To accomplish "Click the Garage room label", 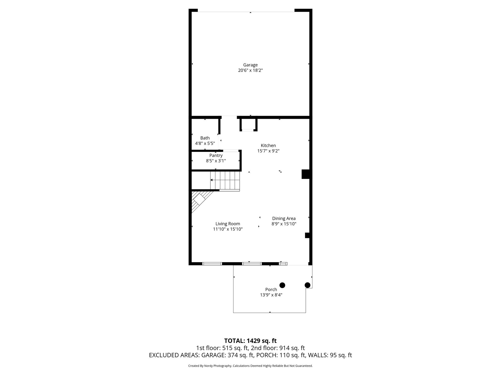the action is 250,65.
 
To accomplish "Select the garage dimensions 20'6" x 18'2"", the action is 250,70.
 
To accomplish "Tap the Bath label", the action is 205,138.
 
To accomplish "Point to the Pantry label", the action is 216,155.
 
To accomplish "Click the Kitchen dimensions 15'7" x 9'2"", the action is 268,151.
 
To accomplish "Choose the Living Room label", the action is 228,224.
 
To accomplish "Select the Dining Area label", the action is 284,218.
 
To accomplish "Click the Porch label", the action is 271,290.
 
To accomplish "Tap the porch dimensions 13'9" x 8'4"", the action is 271,295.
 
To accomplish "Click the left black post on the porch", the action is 282,285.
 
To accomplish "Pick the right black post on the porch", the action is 307,285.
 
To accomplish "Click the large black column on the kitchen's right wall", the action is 306,174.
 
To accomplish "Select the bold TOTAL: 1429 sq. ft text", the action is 250,341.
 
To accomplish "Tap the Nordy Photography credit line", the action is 250,366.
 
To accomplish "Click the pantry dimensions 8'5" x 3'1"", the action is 216,161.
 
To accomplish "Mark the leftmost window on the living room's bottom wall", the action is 212,264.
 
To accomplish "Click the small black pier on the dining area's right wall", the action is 307,236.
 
